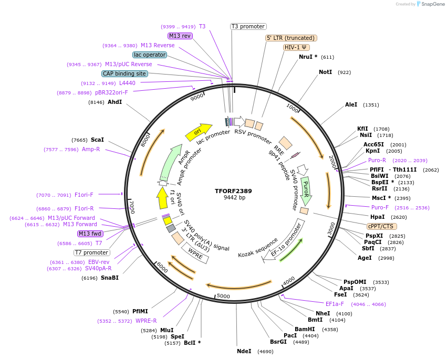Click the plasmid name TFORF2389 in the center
click(x=233, y=191)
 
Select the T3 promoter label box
click(x=248, y=26)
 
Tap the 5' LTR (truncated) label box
click(x=291, y=38)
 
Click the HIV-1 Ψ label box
click(x=296, y=47)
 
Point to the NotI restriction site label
click(x=325, y=72)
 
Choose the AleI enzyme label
click(x=351, y=105)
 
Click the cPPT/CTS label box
click(x=380, y=226)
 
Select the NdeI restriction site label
click(x=244, y=351)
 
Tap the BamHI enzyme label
click(x=304, y=329)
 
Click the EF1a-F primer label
click(x=335, y=304)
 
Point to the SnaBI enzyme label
click(x=110, y=278)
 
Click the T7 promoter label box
click(x=91, y=252)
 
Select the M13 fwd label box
click(x=90, y=234)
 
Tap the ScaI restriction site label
click(x=97, y=140)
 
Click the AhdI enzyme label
click(x=115, y=102)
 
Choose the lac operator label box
click(x=150, y=55)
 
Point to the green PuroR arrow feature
click(x=306, y=190)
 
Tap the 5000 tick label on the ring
click(x=223, y=297)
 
